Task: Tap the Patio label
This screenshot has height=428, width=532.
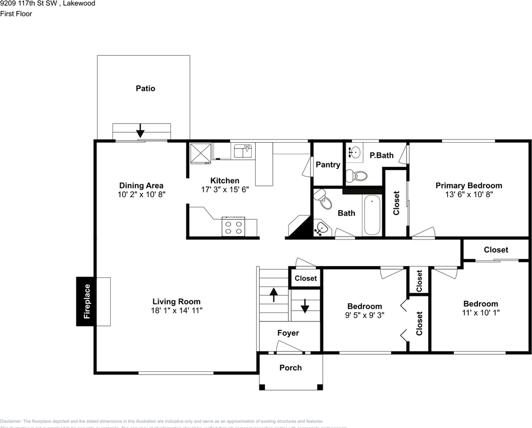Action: pyautogui.click(x=145, y=88)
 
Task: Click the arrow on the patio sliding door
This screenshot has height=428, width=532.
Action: pyautogui.click(x=141, y=131)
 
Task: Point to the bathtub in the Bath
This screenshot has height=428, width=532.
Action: pyautogui.click(x=372, y=215)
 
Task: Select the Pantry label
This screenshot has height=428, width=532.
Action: pyautogui.click(x=328, y=165)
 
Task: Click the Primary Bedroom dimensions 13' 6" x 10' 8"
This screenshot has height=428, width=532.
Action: pyautogui.click(x=469, y=194)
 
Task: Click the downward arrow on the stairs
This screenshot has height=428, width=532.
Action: pyautogui.click(x=305, y=306)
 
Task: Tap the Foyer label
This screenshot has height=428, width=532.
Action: pyautogui.click(x=288, y=333)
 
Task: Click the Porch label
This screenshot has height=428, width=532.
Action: pyautogui.click(x=291, y=368)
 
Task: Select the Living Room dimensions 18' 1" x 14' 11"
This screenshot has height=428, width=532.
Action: pyautogui.click(x=176, y=310)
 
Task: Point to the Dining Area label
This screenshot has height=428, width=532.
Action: pyautogui.click(x=141, y=185)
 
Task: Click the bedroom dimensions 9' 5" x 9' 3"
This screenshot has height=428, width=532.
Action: pyautogui.click(x=365, y=315)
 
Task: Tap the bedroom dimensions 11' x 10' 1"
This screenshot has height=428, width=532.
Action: pyautogui.click(x=481, y=313)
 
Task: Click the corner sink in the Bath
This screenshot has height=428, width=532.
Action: pyautogui.click(x=321, y=229)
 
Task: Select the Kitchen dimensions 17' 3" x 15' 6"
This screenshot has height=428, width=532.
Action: pyautogui.click(x=225, y=189)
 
